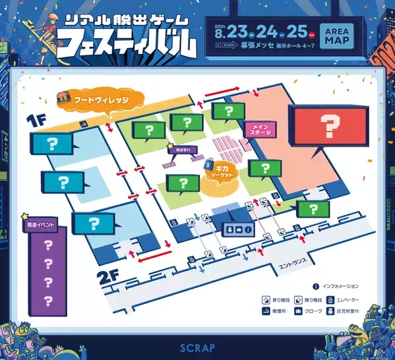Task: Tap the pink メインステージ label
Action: pos(256,129)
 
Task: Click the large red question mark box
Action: pos(327,125)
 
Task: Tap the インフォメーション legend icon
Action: pos(317,286)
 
